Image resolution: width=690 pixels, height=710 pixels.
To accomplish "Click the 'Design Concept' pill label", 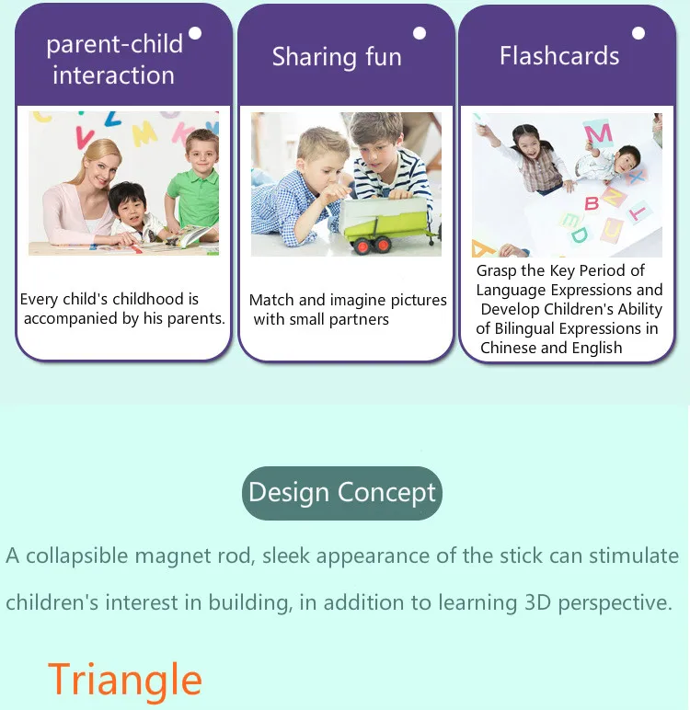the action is [x=342, y=493].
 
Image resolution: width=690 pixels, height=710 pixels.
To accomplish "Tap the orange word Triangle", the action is [x=124, y=681].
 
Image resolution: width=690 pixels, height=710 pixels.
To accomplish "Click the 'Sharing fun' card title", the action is [x=337, y=57].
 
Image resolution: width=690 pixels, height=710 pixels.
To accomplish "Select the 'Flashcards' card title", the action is [x=559, y=56].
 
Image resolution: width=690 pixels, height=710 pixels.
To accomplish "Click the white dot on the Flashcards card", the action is [x=638, y=33].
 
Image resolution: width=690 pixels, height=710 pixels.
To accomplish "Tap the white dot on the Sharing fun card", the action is [x=420, y=33].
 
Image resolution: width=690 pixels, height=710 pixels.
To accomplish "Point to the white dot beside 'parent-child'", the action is [x=195, y=33].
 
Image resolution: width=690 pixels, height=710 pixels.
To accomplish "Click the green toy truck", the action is [x=386, y=224].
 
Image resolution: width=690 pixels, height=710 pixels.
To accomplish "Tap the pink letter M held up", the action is [x=598, y=134].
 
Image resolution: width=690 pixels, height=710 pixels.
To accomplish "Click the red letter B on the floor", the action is [x=592, y=203].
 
